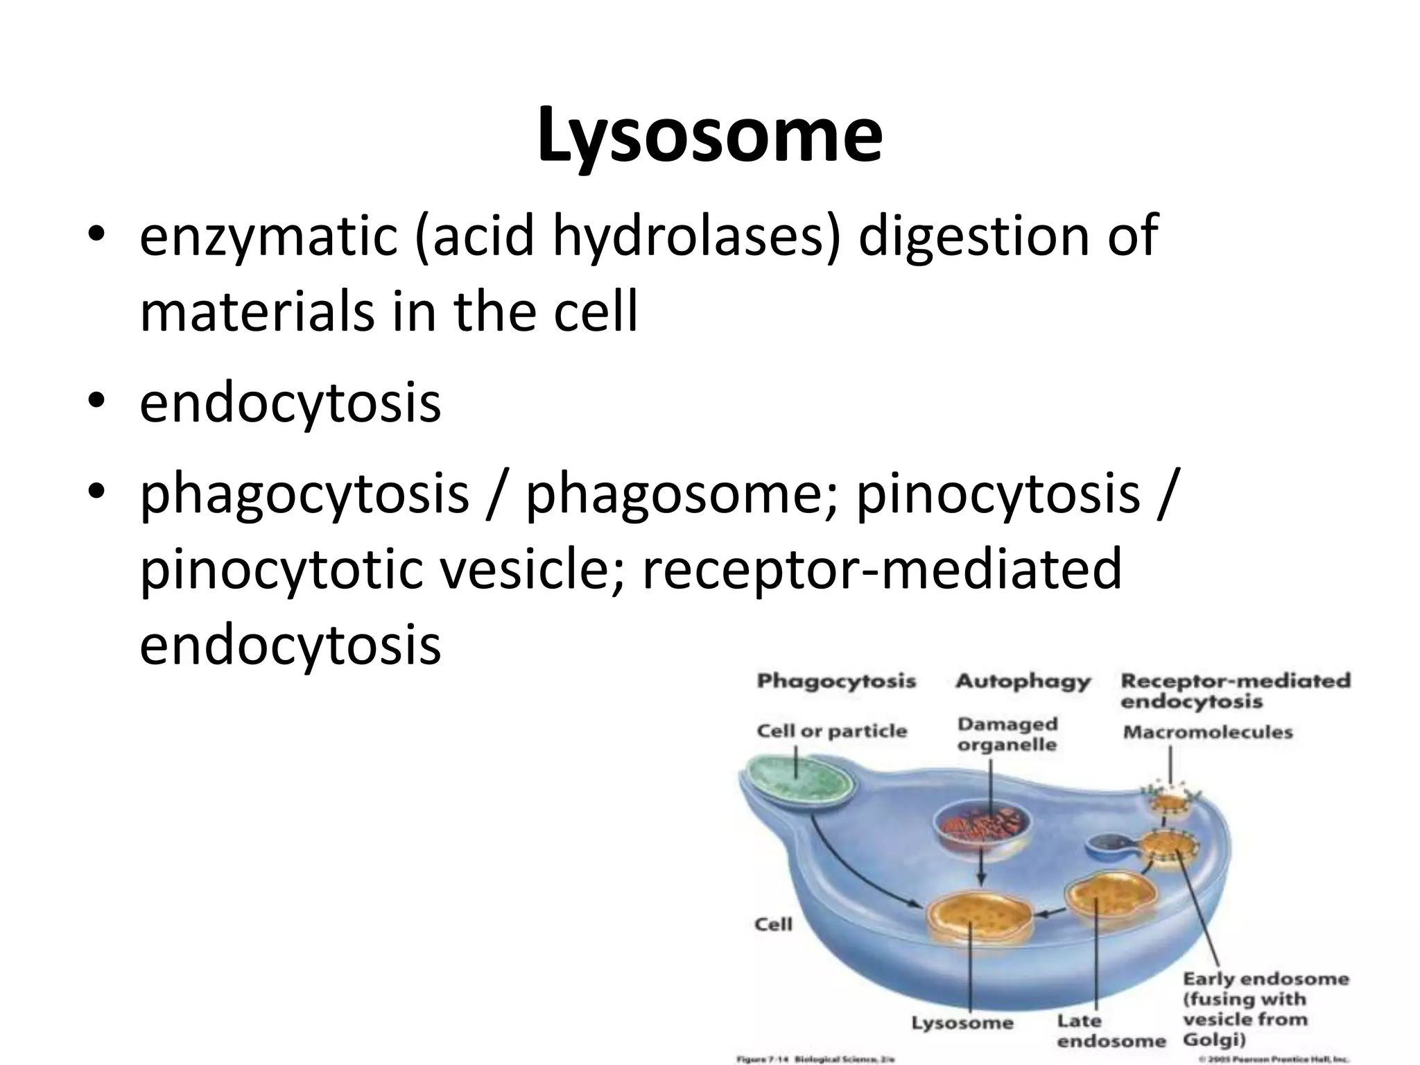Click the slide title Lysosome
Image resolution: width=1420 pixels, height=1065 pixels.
709,135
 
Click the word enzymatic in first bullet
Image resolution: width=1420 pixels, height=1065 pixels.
268,236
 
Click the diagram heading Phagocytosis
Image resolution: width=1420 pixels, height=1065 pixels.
836,681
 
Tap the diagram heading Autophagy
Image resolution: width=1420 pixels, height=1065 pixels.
1022,681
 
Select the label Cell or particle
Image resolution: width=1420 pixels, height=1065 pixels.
831,731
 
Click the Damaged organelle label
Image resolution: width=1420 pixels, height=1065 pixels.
1007,734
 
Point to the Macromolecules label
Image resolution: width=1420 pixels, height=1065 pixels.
1207,732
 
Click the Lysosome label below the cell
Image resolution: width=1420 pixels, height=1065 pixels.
962,1023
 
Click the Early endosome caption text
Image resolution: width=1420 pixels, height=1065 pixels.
1265,1009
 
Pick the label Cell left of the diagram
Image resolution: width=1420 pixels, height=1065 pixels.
772,924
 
